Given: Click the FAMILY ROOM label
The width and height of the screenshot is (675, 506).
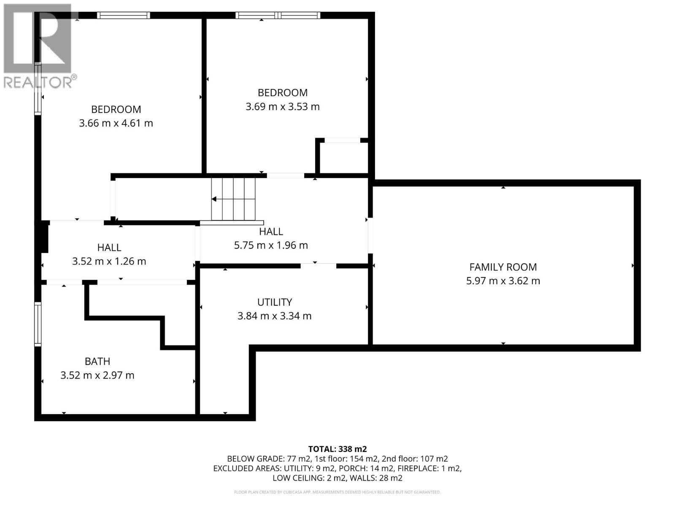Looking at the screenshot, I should (x=503, y=267).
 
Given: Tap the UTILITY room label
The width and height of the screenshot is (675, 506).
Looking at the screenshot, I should (x=275, y=302).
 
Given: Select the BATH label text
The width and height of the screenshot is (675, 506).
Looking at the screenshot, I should (x=97, y=361).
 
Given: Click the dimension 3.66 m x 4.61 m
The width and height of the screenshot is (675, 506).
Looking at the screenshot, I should (x=116, y=123).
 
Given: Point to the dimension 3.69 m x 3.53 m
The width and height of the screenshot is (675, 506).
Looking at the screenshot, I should (x=283, y=107).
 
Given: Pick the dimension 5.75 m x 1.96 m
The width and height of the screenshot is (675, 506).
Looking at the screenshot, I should (x=271, y=245).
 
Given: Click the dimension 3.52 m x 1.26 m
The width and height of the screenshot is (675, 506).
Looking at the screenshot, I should (x=109, y=261).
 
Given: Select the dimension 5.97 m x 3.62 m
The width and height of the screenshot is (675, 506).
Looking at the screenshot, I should (x=503, y=281).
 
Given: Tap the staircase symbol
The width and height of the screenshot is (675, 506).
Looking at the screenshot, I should (x=233, y=199).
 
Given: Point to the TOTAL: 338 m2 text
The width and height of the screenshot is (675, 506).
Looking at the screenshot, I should (x=337, y=449).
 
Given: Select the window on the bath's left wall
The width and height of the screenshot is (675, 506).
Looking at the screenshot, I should (x=38, y=324).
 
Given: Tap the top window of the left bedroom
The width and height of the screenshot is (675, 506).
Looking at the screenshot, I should (x=123, y=16).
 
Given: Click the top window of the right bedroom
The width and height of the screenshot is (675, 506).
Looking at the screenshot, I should (x=278, y=16).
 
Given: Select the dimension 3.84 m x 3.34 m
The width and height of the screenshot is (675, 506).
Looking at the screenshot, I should (x=275, y=316).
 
